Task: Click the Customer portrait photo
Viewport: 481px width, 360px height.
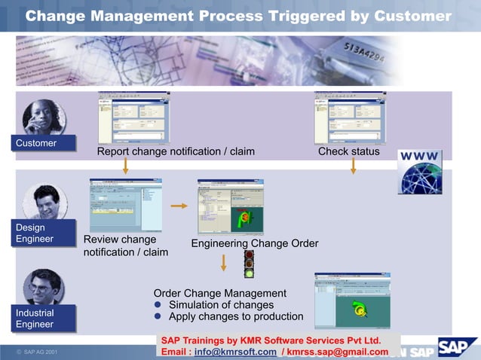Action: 44,117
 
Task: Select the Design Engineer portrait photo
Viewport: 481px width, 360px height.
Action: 44,201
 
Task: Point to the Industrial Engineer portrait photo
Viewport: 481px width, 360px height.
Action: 43,286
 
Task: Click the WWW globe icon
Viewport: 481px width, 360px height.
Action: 420,172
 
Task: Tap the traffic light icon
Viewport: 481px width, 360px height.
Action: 249,264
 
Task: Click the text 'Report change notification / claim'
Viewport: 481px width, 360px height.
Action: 176,152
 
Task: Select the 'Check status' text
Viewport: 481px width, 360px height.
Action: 348,152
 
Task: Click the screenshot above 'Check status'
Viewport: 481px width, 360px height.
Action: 350,118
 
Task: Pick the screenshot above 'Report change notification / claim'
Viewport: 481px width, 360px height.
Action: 133,118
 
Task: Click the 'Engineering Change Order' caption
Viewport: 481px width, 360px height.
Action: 254,244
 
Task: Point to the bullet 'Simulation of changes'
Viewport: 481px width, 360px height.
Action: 221,305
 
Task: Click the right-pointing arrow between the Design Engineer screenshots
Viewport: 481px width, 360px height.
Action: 179,206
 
